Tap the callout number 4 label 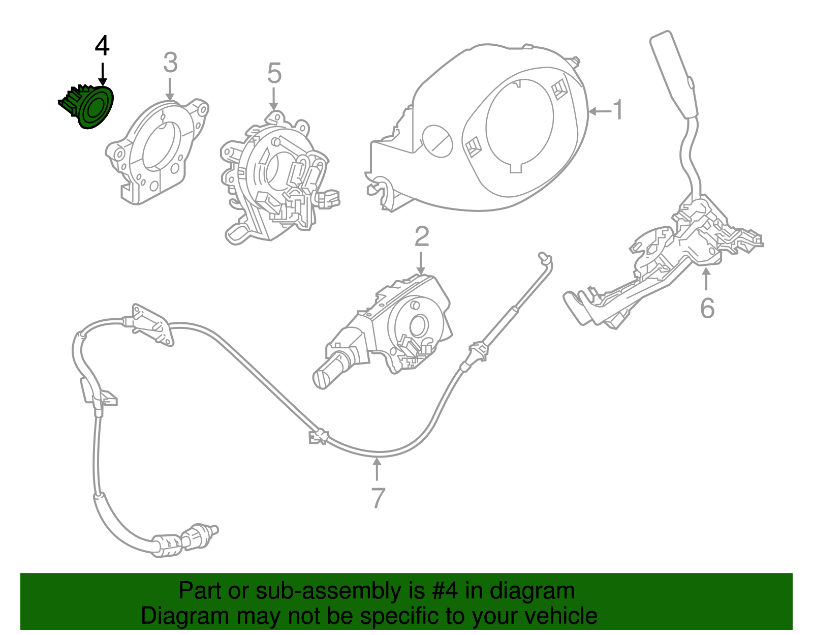(x=102, y=46)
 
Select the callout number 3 (x=170, y=63)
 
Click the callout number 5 (x=274, y=74)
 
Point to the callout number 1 (x=618, y=110)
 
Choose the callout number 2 (x=421, y=237)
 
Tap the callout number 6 (x=707, y=308)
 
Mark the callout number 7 (x=378, y=498)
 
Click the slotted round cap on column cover (x=437, y=141)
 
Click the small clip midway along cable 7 (x=319, y=437)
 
